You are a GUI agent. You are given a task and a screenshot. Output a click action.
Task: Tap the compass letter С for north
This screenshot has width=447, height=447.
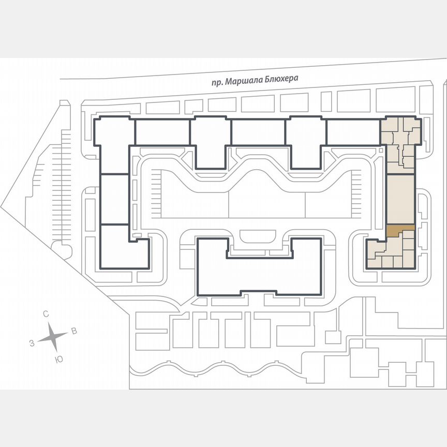point(46,314)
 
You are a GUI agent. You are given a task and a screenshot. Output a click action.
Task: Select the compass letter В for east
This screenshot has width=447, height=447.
point(74,331)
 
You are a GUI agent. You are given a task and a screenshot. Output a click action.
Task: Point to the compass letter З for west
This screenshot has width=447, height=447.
point(32,343)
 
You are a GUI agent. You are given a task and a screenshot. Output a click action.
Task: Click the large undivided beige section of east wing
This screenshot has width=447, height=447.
point(400,200)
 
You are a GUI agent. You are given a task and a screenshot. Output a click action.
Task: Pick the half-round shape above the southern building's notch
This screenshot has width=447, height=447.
point(259,237)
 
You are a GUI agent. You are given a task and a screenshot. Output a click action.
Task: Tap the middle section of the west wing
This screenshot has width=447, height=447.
point(114,199)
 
